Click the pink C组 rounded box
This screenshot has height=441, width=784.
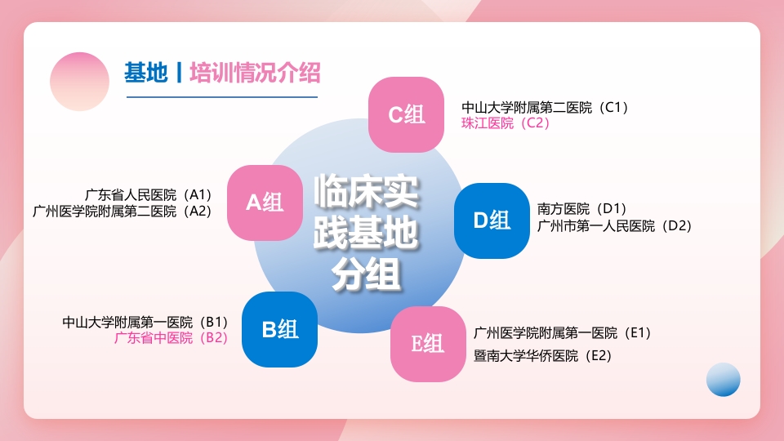click(406, 114)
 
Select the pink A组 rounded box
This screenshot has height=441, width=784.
click(265, 203)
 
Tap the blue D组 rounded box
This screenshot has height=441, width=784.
click(492, 220)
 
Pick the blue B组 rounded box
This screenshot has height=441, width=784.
click(279, 329)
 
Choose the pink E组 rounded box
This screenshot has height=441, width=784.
click(427, 344)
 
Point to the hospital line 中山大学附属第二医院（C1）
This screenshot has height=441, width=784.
click(545, 107)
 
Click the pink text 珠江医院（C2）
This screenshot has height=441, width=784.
click(506, 123)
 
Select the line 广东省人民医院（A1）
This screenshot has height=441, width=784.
click(149, 194)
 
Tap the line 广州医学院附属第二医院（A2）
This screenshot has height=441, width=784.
click(122, 211)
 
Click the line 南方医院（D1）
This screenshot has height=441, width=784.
click(582, 209)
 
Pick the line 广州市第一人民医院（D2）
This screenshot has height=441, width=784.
click(615, 225)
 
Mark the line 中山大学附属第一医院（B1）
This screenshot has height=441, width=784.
click(145, 322)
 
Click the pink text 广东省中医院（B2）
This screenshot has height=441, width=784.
click(171, 337)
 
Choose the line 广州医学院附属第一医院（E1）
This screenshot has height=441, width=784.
click(563, 332)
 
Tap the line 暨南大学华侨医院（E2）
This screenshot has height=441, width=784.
click(543, 355)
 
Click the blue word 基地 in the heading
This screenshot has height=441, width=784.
click(145, 73)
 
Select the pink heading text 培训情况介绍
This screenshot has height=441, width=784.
click(255, 73)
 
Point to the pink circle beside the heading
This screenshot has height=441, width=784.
click(79, 82)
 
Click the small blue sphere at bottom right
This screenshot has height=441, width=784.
click(723, 380)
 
